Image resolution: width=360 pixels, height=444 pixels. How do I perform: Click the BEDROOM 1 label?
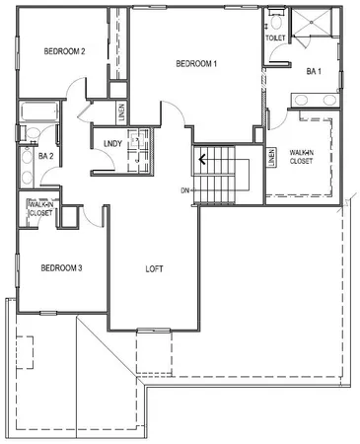pos(195,63)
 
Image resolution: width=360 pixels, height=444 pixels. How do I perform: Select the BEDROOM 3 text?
pos(61,267)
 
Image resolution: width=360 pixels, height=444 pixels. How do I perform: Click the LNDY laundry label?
pos(111,144)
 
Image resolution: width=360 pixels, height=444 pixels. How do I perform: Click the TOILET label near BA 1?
pos(275,37)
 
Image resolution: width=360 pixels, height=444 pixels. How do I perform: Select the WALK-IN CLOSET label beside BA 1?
pos(302,155)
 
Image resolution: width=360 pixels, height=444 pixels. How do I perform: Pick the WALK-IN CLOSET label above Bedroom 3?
pos(40,208)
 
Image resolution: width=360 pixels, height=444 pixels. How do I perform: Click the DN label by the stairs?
pos(185,189)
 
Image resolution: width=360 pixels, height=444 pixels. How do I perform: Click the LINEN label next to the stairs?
pos(271,156)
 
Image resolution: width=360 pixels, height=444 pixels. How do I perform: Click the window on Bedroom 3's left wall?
pos(17,267)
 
